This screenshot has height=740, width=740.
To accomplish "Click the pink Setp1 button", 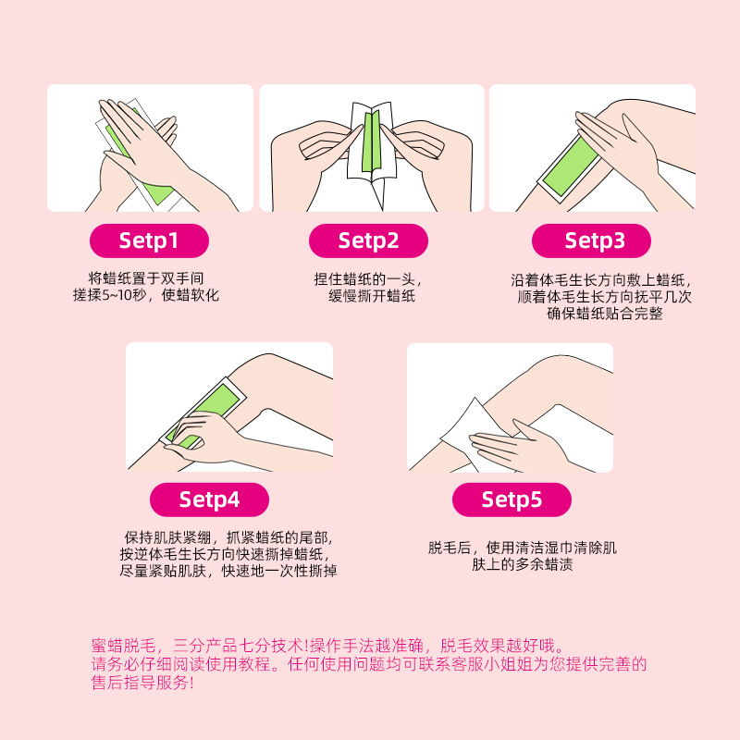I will point(149,240).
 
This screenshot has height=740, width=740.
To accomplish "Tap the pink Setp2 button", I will point(368,240).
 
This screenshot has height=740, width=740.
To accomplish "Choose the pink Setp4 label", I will point(209,499).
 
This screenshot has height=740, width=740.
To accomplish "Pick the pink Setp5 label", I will point(511,499).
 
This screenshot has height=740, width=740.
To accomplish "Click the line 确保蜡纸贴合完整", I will point(605,314).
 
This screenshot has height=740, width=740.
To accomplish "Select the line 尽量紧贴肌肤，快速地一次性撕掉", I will point(228,572).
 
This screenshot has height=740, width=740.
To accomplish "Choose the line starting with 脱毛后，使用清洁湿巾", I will point(523,548).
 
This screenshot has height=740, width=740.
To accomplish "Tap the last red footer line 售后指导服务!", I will point(143,683).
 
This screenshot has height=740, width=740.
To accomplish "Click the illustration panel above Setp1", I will point(150,148).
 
